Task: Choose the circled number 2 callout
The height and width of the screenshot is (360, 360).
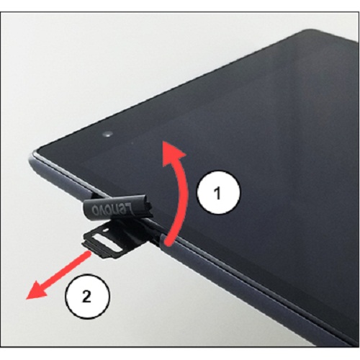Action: [88, 295]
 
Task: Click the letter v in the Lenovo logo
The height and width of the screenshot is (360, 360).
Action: [116, 209]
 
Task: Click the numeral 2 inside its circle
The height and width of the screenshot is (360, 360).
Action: [88, 295]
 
